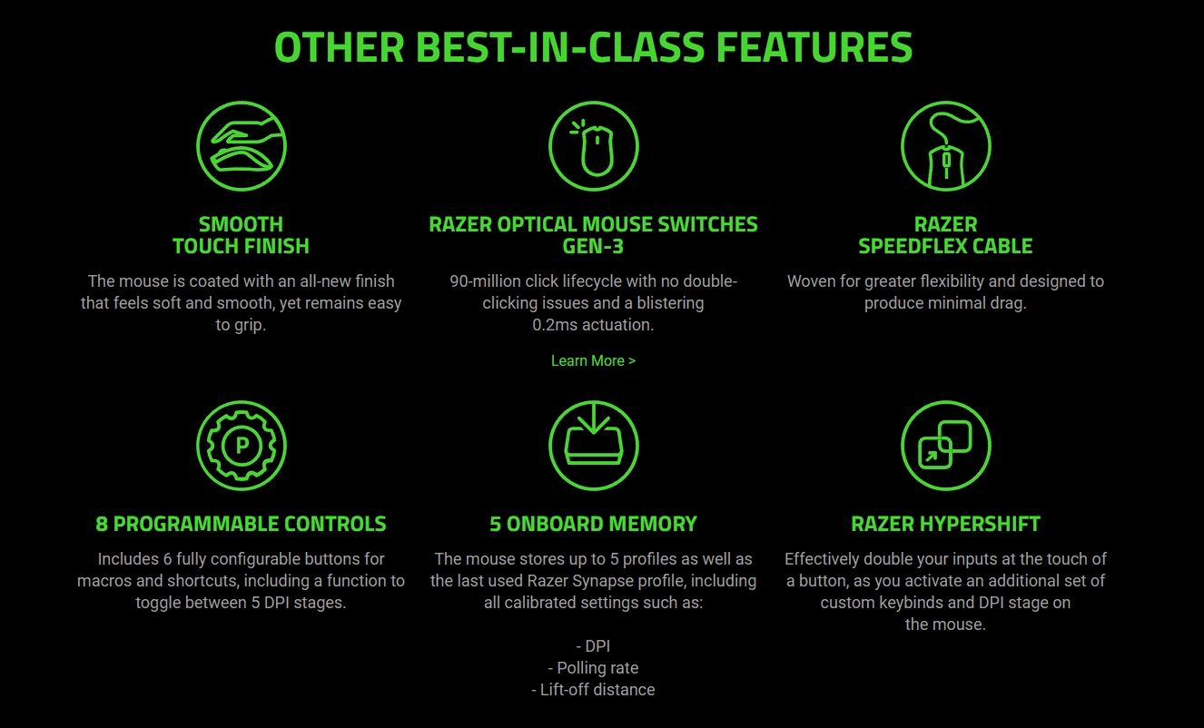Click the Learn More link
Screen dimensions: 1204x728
pyautogui.click(x=593, y=360)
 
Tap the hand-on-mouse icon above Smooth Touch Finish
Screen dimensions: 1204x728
pyautogui.click(x=242, y=146)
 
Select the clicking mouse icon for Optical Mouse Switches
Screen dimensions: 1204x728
pyautogui.click(x=594, y=146)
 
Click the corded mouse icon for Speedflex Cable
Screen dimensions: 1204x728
pyautogui.click(x=945, y=146)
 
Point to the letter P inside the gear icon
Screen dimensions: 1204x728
pyautogui.click(x=242, y=446)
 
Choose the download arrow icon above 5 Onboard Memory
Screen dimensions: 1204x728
pyautogui.click(x=594, y=446)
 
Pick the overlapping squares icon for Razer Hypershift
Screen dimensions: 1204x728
pyautogui.click(x=945, y=446)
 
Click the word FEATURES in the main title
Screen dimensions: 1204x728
pyautogui.click(x=814, y=47)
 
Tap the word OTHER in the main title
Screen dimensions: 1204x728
pyautogui.click(x=340, y=47)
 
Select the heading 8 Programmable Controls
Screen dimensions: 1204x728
pyautogui.click(x=241, y=524)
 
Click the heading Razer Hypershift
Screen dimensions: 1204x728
pyautogui.click(x=945, y=524)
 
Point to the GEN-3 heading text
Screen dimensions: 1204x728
pyautogui.click(x=593, y=246)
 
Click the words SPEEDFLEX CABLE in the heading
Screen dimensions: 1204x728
pyautogui.click(x=945, y=246)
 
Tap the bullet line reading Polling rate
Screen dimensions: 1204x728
pyautogui.click(x=593, y=668)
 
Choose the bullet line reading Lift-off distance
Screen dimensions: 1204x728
pyautogui.click(x=593, y=689)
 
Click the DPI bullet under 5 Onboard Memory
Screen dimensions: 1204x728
pyautogui.click(x=593, y=645)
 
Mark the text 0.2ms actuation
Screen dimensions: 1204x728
pyautogui.click(x=593, y=324)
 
